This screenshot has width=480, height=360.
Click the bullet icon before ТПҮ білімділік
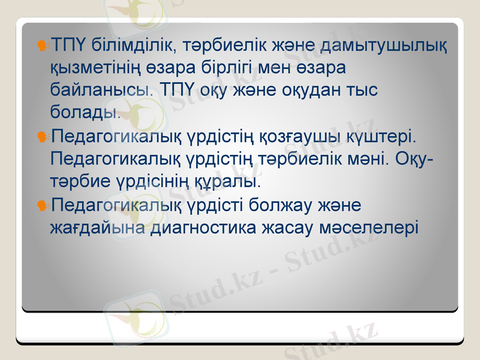click(42, 45)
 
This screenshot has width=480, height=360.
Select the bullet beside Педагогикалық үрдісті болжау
click(42, 205)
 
